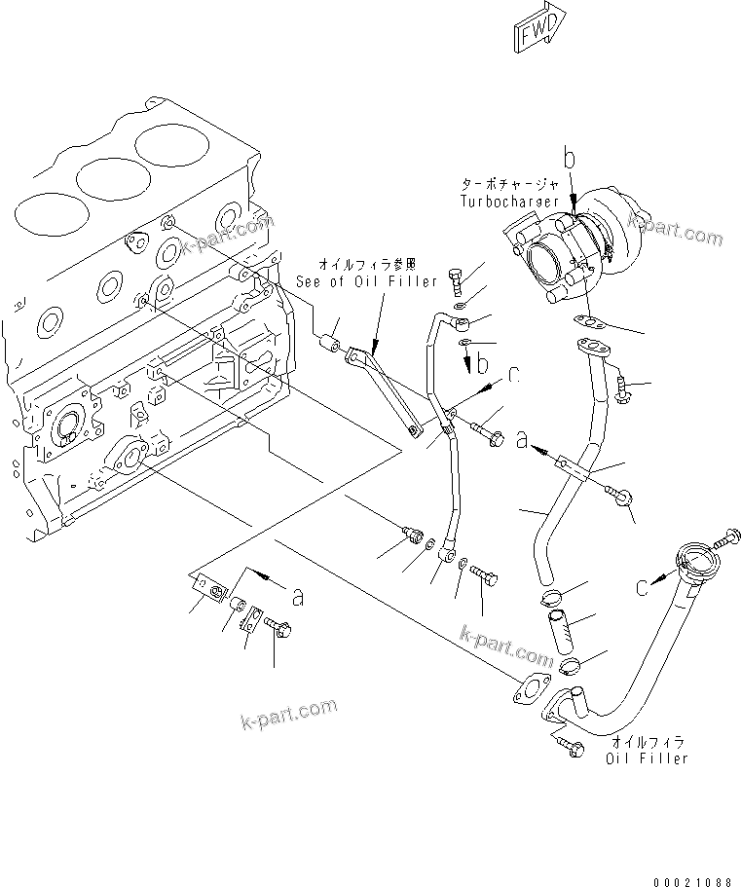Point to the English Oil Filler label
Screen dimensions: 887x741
(648, 758)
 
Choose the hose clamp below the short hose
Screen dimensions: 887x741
(570, 667)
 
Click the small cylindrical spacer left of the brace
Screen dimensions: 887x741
(332, 344)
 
